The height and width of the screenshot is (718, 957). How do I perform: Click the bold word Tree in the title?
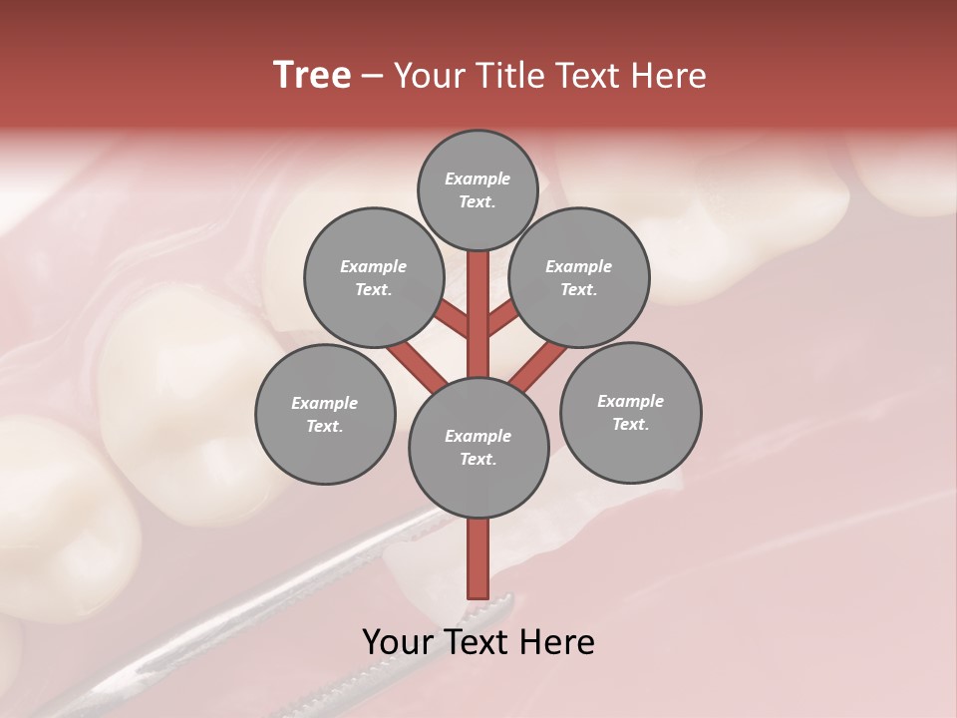pyautogui.click(x=312, y=76)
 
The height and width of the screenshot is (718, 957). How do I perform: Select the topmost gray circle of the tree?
pyautogui.click(x=478, y=190)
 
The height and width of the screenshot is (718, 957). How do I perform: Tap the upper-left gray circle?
pyautogui.click(x=374, y=278)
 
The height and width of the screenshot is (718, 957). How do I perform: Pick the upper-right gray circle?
pyautogui.click(x=579, y=278)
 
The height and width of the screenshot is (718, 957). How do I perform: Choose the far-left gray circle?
pyautogui.click(x=325, y=415)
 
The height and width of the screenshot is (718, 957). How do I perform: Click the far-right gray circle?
pyautogui.click(x=631, y=413)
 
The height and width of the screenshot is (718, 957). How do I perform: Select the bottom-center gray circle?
pyautogui.click(x=478, y=448)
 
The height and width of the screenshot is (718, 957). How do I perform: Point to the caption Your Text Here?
pyautogui.click(x=478, y=642)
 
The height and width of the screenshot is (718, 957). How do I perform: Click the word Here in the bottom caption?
pyautogui.click(x=558, y=642)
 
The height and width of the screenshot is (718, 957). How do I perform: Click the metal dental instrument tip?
pyautogui.click(x=498, y=603)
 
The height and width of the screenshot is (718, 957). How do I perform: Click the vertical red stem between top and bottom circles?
pyautogui.click(x=478, y=314)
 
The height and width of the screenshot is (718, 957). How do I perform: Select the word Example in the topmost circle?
pyautogui.click(x=478, y=179)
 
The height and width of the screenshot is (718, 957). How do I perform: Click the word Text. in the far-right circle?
pyautogui.click(x=630, y=425)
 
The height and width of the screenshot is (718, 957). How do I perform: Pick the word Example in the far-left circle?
pyautogui.click(x=324, y=404)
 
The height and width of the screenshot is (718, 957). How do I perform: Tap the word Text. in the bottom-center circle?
pyautogui.click(x=478, y=460)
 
